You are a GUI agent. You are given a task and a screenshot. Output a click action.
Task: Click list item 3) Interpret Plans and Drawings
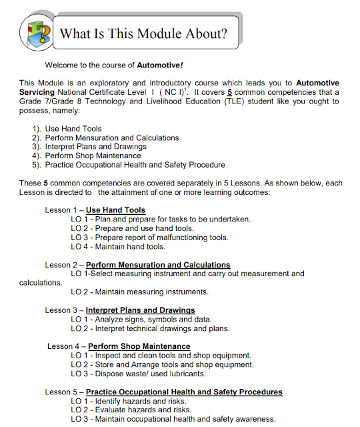[95, 147]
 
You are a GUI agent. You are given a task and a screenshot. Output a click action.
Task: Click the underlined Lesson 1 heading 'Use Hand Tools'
[115, 210]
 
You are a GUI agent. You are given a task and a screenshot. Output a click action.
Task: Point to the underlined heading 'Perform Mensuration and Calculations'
[158, 265]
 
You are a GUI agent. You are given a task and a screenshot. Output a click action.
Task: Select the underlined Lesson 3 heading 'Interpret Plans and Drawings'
[140, 310]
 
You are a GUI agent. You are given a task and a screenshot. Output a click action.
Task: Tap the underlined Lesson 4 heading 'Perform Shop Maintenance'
[139, 346]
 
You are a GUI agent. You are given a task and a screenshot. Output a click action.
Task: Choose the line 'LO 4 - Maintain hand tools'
[117, 247]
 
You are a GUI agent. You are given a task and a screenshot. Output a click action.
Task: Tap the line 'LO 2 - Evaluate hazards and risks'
[131, 410]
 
